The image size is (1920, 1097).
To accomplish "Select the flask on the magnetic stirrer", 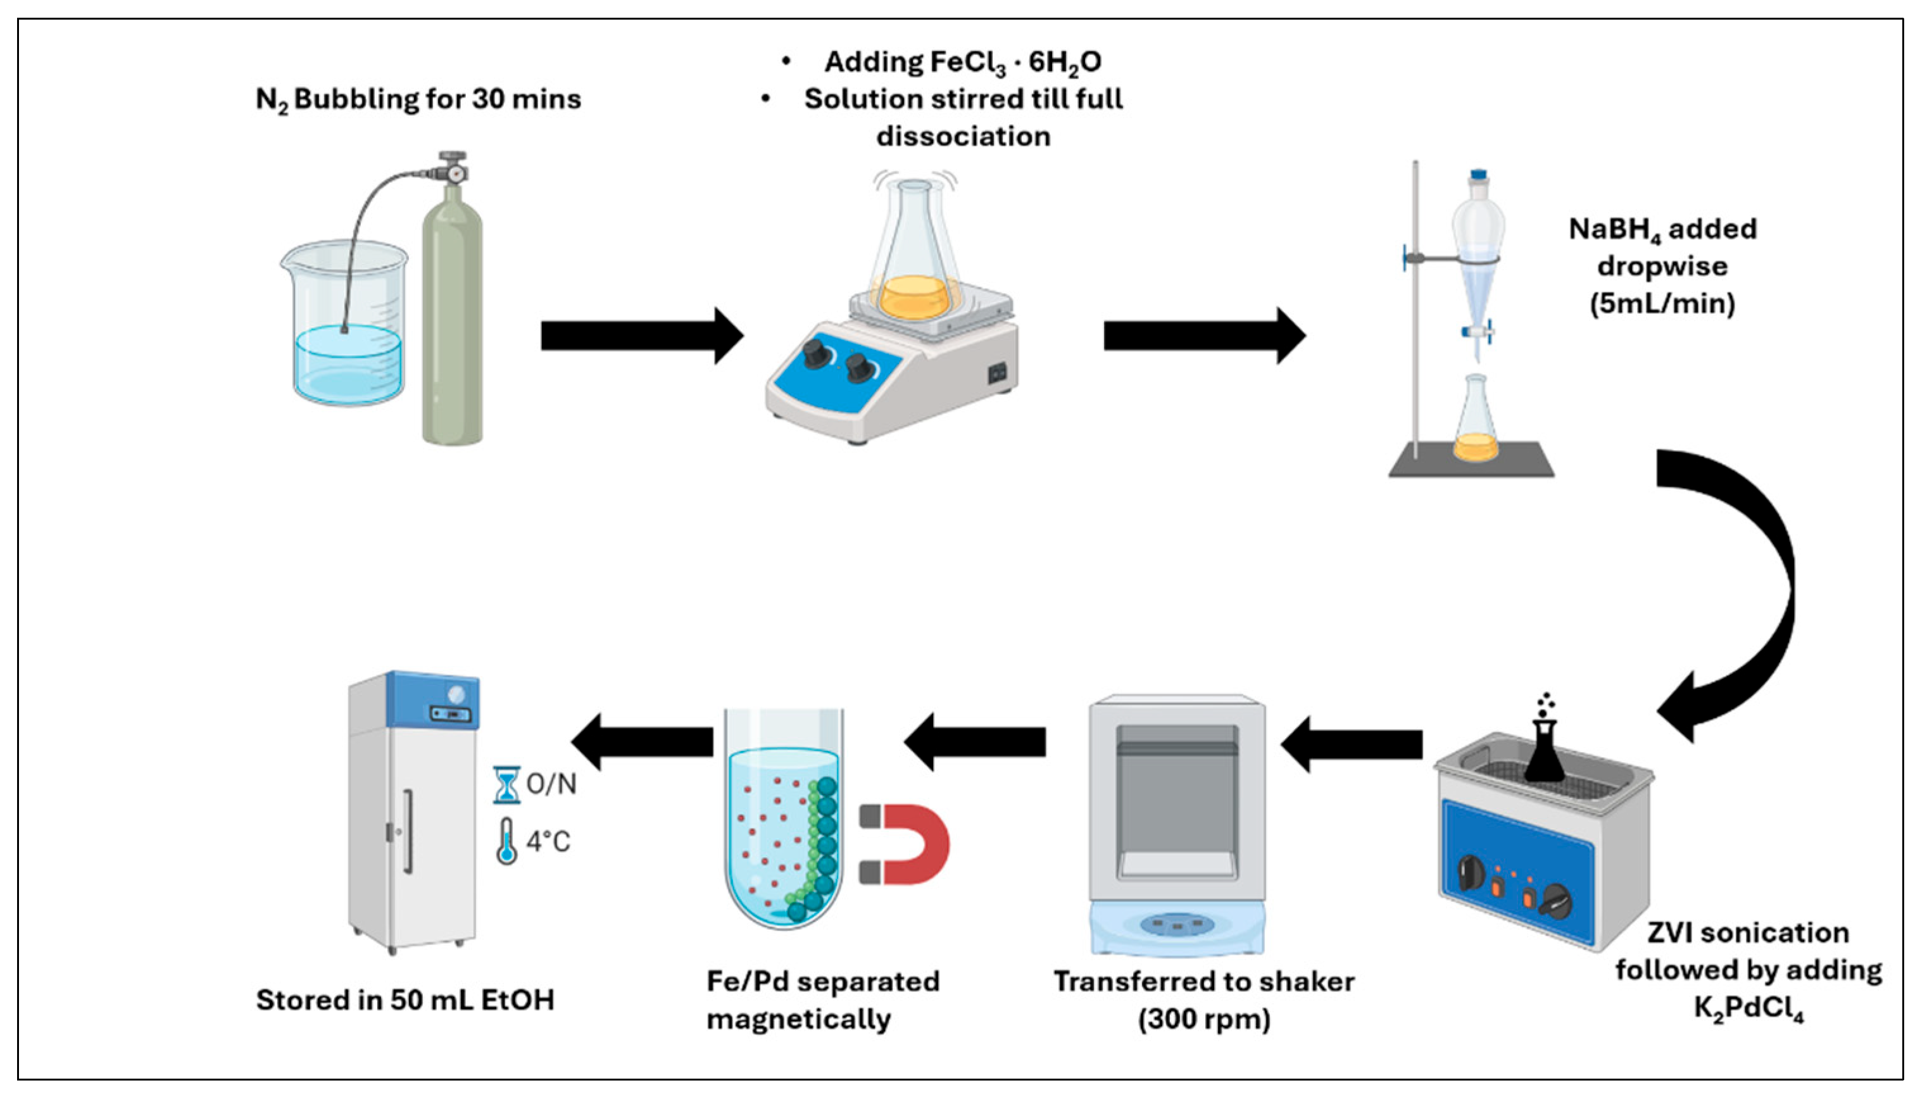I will [913, 256].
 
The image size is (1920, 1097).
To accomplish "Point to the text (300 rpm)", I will [1203, 1019].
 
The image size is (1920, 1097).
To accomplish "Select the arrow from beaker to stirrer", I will [640, 335].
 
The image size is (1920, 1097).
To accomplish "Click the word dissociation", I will [963, 136].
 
